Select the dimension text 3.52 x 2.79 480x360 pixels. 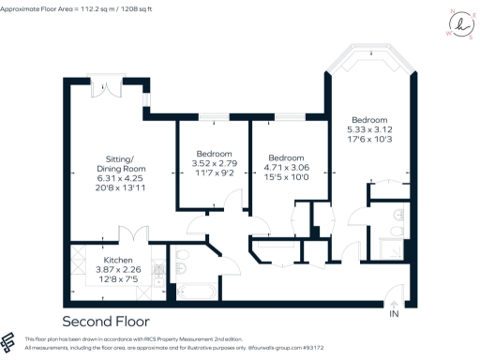(214, 163)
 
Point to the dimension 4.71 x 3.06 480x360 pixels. (286, 167)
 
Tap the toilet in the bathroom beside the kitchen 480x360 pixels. (180, 259)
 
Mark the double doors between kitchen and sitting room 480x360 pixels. (131, 234)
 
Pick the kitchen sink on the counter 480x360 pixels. (157, 272)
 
